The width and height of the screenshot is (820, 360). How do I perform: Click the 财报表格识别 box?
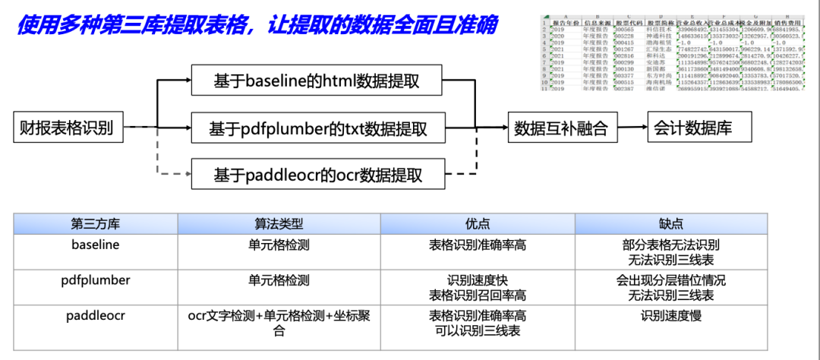pyautogui.click(x=66, y=128)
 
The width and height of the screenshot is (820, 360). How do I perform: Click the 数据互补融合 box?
pyautogui.click(x=561, y=128)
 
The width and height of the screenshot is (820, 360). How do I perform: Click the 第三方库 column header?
pyautogui.click(x=96, y=224)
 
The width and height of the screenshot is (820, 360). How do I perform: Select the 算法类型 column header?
pyautogui.click(x=279, y=224)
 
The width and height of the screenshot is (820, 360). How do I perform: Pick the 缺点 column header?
pyautogui.click(x=671, y=224)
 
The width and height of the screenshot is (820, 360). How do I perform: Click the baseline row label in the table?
pyautogui.click(x=96, y=245)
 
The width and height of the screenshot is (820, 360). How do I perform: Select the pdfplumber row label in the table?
pyautogui.click(x=96, y=280)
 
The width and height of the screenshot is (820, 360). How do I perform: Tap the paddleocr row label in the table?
pyautogui.click(x=96, y=315)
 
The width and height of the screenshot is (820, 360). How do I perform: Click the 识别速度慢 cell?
pyautogui.click(x=671, y=315)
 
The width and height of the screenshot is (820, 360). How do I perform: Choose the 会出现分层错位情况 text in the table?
pyautogui.click(x=671, y=280)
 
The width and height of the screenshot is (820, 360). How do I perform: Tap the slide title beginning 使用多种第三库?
pyautogui.click(x=257, y=25)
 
